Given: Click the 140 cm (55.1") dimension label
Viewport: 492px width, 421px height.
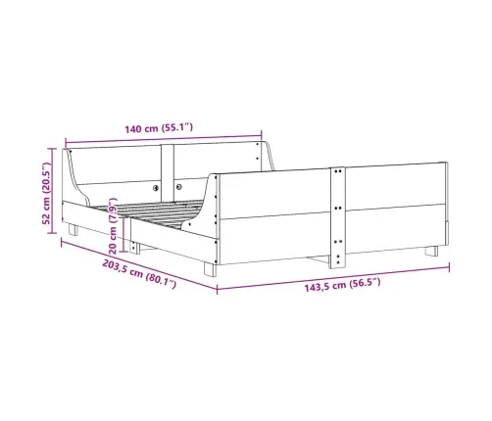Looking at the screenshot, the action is pos(159,128).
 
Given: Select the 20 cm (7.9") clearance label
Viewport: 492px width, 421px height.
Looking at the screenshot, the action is pos(113,225).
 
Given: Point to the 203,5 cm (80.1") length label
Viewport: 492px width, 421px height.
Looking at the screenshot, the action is pos(139,273).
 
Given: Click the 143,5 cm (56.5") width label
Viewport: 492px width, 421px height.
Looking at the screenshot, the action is pos(342,285).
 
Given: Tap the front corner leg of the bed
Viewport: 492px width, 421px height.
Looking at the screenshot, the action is pos(210,270).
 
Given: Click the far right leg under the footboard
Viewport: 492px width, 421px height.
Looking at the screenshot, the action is pos(431,251).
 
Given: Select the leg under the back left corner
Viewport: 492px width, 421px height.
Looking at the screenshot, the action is pos(74,229).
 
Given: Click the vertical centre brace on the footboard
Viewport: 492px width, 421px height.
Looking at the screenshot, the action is pos(338,217).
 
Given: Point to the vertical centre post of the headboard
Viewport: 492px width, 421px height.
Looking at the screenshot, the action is pos(168,173).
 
